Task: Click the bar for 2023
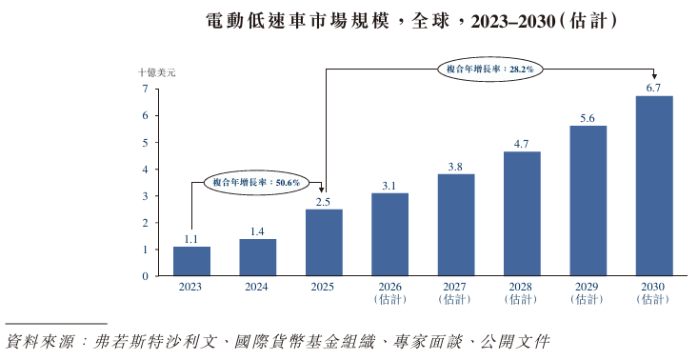click(x=191, y=261)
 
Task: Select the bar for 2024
click(x=258, y=257)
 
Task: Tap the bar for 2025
click(x=324, y=243)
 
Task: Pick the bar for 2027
click(x=456, y=225)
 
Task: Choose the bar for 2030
click(x=654, y=186)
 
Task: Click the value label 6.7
click(x=653, y=89)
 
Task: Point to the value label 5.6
click(x=588, y=118)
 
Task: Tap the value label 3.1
click(x=389, y=186)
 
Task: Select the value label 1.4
click(x=257, y=231)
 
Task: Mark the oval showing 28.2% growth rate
click(x=489, y=69)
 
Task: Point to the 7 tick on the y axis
click(x=145, y=89)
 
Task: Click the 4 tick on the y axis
click(x=145, y=170)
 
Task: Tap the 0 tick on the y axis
click(x=145, y=276)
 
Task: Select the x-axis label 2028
click(x=521, y=287)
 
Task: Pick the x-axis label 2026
click(x=390, y=287)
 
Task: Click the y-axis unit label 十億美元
click(x=157, y=72)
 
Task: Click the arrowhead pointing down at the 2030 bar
click(x=653, y=77)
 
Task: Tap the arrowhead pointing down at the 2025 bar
click(x=322, y=190)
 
